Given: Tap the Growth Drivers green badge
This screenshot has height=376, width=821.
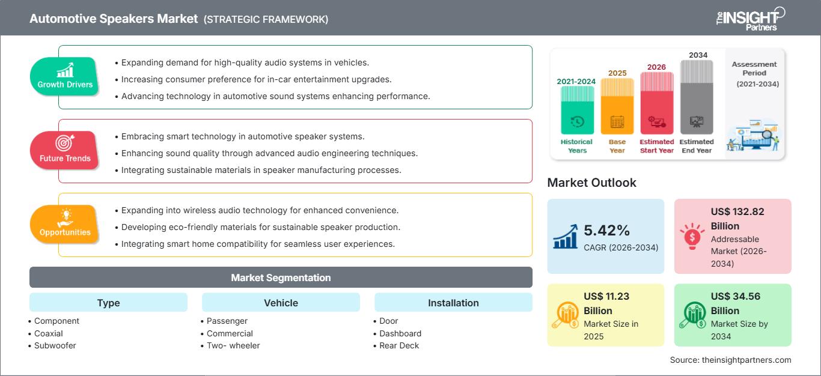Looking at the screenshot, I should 65,76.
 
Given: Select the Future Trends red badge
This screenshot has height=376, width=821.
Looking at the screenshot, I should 65,150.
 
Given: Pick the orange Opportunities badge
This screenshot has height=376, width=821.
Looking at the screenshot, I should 65,224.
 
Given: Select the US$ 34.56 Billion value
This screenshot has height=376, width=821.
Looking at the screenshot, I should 733,303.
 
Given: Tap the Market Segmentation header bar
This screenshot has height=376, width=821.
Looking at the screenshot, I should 281,277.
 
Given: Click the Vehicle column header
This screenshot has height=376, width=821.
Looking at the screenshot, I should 281,303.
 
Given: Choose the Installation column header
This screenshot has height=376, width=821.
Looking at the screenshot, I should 453,303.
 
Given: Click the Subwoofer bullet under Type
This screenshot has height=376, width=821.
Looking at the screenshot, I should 55,345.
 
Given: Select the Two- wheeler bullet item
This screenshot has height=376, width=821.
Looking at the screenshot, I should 233,345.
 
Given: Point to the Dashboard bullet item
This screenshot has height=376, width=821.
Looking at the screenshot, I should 400,333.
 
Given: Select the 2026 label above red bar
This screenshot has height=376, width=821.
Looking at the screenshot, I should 656,67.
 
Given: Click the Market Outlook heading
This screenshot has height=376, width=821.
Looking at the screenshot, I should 591,183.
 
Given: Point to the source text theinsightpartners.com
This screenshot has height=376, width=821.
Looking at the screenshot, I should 730,360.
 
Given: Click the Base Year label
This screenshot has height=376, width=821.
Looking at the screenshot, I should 617,146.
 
